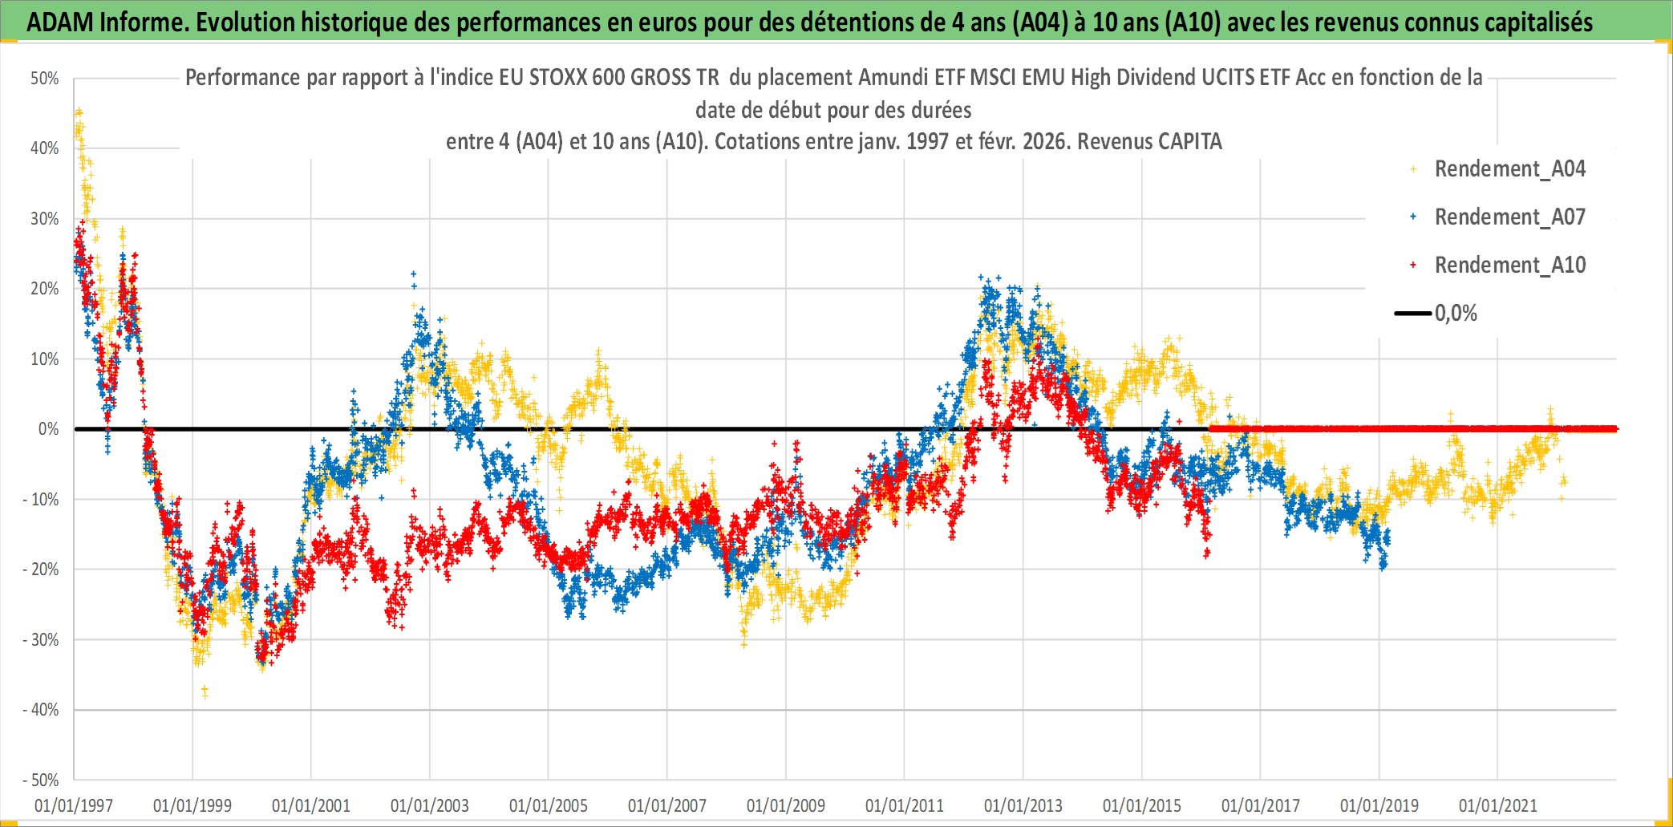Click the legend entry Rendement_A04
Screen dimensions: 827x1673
coord(1509,169)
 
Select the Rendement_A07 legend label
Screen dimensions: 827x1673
coord(1509,217)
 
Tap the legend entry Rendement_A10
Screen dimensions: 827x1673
coord(1509,266)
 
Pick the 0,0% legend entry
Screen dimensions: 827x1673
coord(1455,314)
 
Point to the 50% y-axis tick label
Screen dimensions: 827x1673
coord(45,79)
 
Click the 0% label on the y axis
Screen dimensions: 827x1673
coord(48,429)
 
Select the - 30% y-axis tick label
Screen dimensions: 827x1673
coord(41,640)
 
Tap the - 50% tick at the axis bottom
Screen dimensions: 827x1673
coord(41,780)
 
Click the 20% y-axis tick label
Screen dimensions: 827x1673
coord(45,289)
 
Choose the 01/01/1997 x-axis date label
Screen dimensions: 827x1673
coord(74,805)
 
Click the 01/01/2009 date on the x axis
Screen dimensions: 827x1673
coord(785,805)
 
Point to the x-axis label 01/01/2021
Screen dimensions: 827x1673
coord(1497,805)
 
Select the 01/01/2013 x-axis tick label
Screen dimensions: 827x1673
coord(1023,805)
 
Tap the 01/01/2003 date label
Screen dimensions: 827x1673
coord(429,805)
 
